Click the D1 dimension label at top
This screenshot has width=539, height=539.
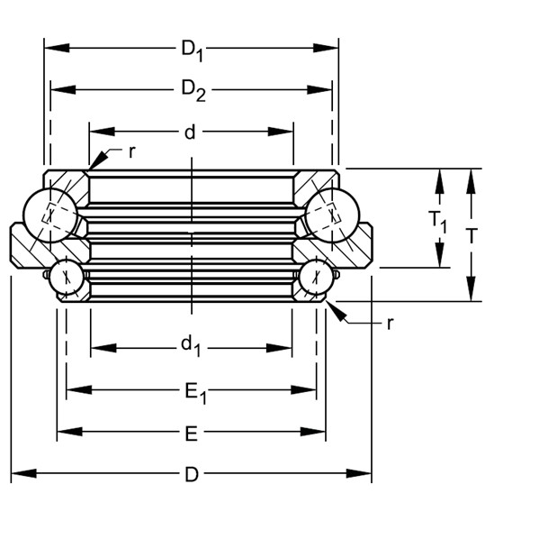coord(192,49)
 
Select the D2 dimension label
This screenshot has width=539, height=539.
coord(192,90)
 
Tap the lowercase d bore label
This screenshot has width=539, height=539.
coord(190,132)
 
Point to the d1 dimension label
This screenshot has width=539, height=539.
coord(190,345)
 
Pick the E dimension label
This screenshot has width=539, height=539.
coord(191,434)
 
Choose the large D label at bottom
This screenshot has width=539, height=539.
coord(191,474)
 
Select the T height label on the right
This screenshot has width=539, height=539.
coord(472,235)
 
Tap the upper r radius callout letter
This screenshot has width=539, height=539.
coord(131,151)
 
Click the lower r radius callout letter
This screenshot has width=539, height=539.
coord(389,324)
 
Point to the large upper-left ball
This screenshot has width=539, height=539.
coord(50,216)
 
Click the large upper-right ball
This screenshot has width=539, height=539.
coord(332,216)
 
